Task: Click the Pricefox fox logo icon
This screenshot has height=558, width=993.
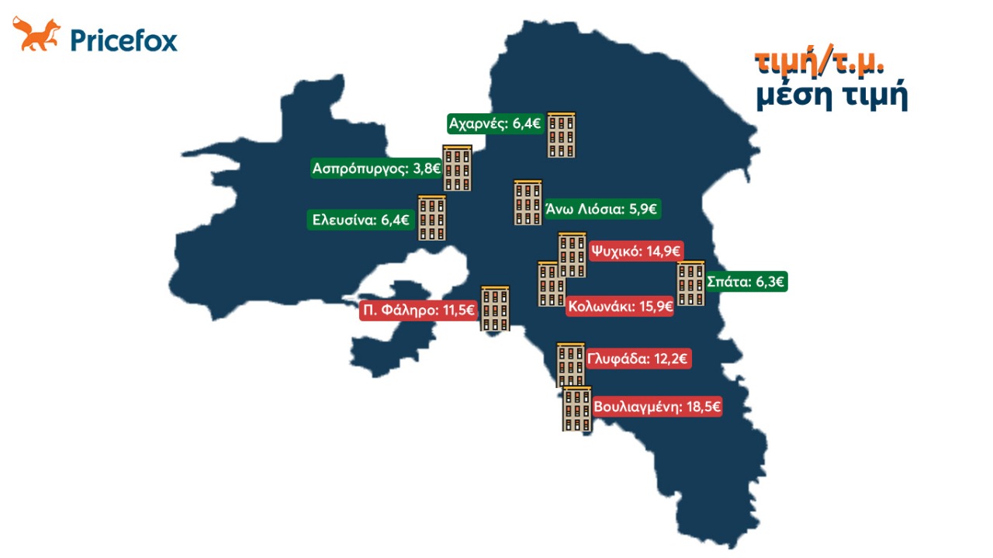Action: click(36, 35)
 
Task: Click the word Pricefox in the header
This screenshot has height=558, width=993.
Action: click(124, 39)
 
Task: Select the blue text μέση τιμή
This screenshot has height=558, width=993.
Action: click(831, 97)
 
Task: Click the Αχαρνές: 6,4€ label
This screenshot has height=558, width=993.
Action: click(496, 123)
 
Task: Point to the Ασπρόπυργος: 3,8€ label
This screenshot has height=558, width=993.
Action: click(376, 168)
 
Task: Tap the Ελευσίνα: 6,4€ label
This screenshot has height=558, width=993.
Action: click(361, 220)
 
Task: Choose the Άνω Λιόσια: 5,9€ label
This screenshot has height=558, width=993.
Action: click(602, 209)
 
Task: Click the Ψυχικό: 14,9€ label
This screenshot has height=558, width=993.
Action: click(635, 251)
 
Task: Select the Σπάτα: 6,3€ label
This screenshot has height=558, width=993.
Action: click(746, 282)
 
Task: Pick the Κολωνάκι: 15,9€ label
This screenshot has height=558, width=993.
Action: click(620, 307)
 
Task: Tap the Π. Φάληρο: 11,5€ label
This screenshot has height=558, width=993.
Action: click(417, 311)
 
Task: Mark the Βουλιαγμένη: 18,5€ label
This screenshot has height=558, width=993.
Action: click(657, 407)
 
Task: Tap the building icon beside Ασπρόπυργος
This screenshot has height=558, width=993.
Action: click(457, 168)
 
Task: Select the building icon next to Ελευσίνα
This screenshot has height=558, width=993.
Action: click(432, 218)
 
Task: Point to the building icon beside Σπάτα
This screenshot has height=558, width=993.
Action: click(690, 284)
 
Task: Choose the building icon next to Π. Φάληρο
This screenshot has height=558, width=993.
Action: click(495, 309)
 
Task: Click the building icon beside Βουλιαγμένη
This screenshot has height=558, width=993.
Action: click(577, 409)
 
